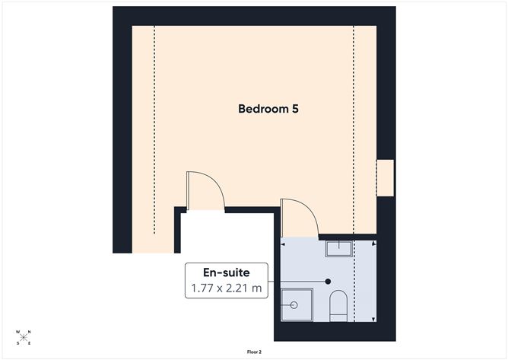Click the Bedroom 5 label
coord(268,109)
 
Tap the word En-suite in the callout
coord(225,272)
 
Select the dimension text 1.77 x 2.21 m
coord(225,288)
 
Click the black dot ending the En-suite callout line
coord(328,281)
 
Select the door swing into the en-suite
coord(299,215)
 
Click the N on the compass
coord(29,332)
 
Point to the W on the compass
coord(18,333)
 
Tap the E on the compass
coord(29,343)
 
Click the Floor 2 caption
coord(254,352)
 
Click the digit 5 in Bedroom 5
coord(294,109)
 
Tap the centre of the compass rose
coord(24,337)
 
